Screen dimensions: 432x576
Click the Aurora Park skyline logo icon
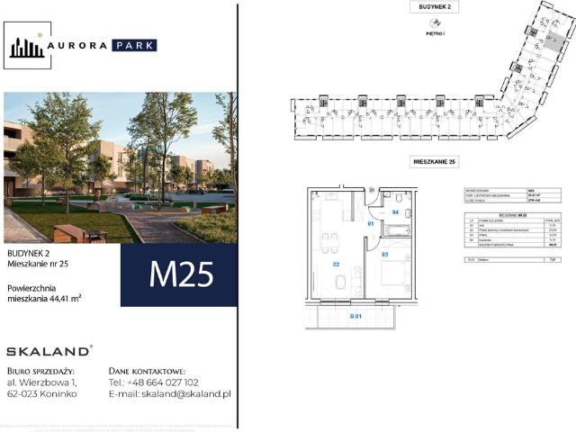[x=25, y=46]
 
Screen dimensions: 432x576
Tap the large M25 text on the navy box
[x=180, y=274]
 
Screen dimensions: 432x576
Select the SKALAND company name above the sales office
[x=48, y=351]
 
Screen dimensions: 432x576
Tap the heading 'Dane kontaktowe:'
[x=146, y=370]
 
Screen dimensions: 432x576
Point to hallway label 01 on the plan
[x=370, y=222]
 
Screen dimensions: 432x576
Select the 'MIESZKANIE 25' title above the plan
[x=435, y=161]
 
